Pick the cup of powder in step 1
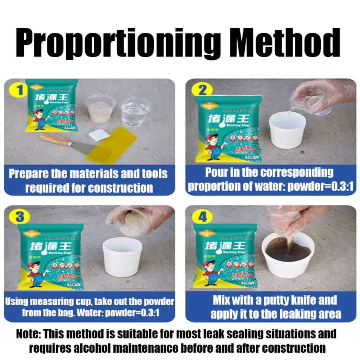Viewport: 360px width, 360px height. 100,108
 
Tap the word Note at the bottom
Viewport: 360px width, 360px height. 28,334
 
